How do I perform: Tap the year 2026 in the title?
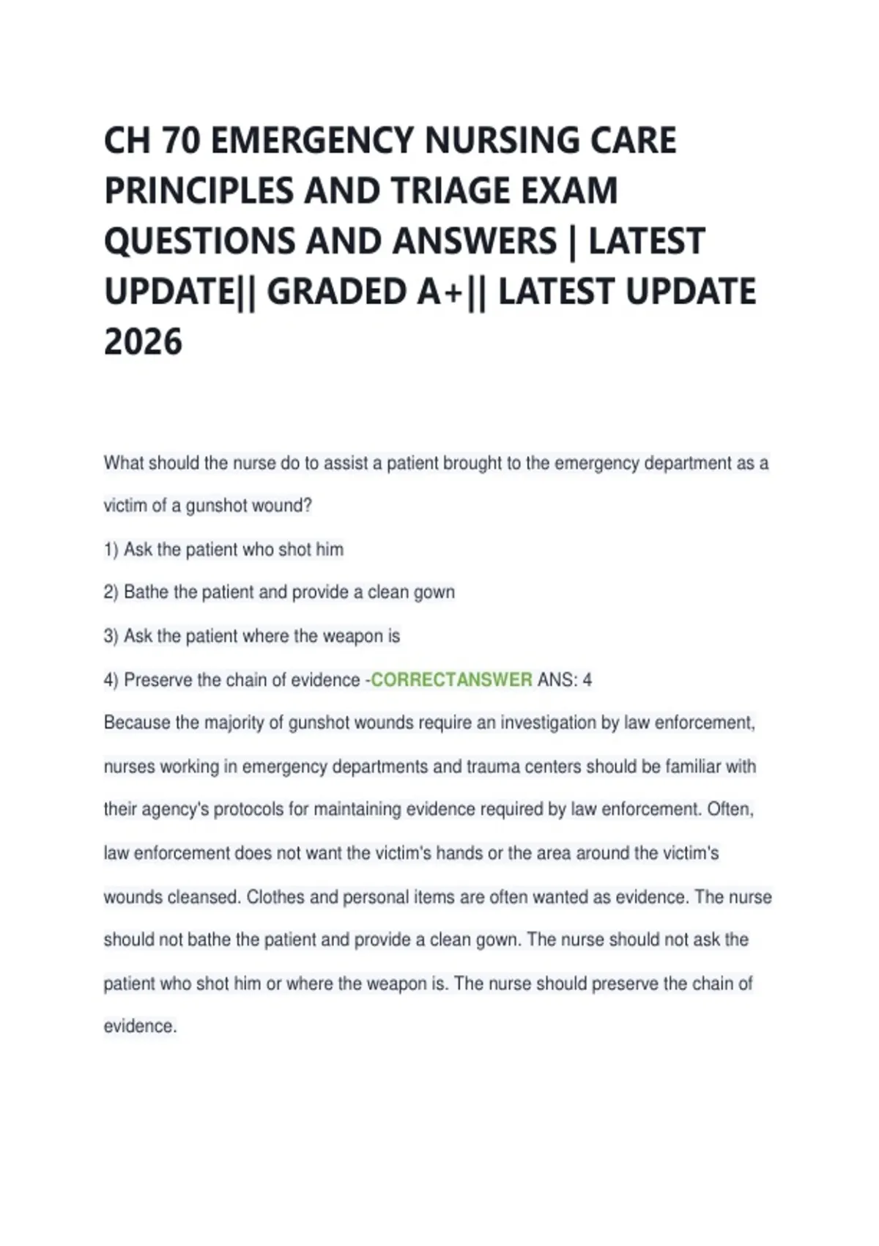[x=143, y=342]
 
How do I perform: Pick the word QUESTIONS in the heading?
[x=198, y=242]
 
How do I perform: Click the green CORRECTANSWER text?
[x=451, y=680]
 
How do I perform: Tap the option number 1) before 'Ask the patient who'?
[x=111, y=550]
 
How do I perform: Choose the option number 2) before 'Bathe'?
[x=111, y=592]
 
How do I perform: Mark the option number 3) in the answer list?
[x=111, y=636]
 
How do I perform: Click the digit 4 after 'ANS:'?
[x=587, y=680]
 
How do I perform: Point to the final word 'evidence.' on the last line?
[x=141, y=1026]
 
